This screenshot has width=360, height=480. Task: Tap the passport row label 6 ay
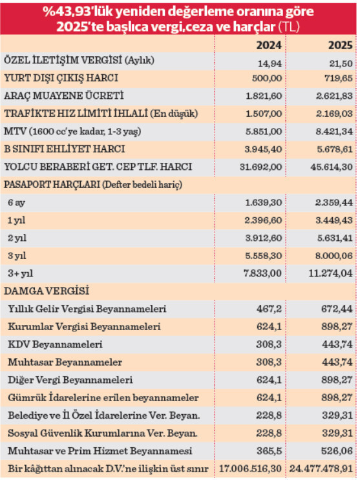pos(24,202)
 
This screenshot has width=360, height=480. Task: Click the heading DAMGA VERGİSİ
pos(47,291)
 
